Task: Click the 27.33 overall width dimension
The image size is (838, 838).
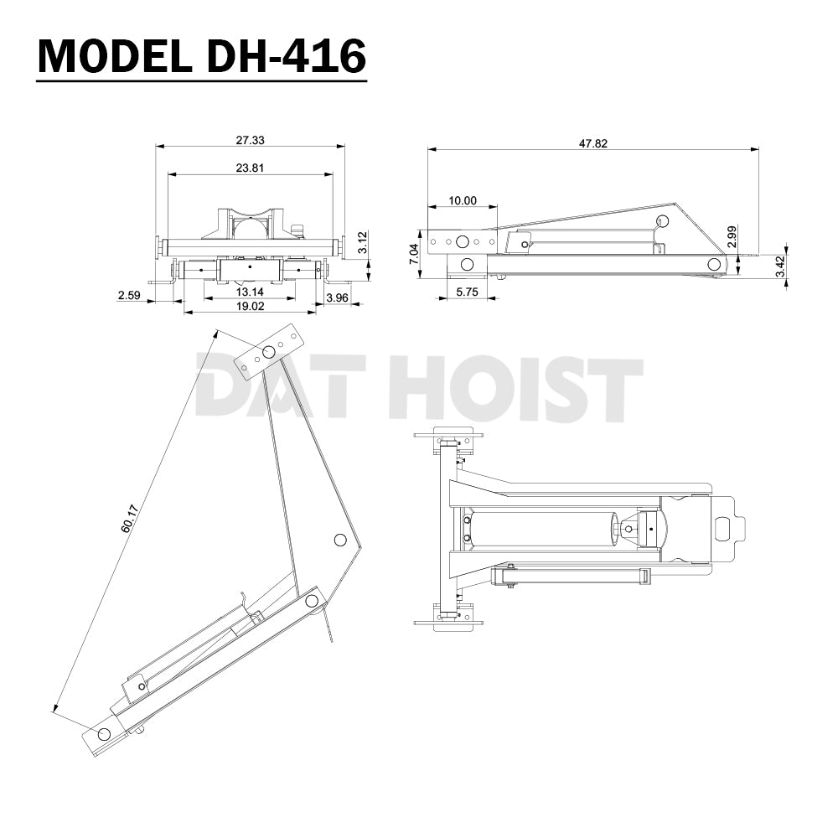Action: [x=250, y=141]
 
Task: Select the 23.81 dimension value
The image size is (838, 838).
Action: [x=250, y=168]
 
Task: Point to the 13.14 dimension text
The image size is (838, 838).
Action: [x=250, y=292]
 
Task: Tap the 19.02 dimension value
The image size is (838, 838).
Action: [x=250, y=307]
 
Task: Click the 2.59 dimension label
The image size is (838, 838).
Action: [x=128, y=296]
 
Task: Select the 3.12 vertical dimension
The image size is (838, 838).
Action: [x=361, y=244]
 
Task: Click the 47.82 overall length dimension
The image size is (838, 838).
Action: [x=592, y=143]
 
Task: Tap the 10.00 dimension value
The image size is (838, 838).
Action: [x=462, y=200]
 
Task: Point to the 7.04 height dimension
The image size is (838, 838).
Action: [x=411, y=255]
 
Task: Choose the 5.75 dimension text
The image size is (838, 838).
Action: [x=466, y=292]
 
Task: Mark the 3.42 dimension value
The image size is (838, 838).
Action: [x=779, y=266]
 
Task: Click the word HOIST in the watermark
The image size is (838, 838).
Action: [x=516, y=387]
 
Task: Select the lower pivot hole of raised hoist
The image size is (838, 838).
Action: [x=104, y=734]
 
